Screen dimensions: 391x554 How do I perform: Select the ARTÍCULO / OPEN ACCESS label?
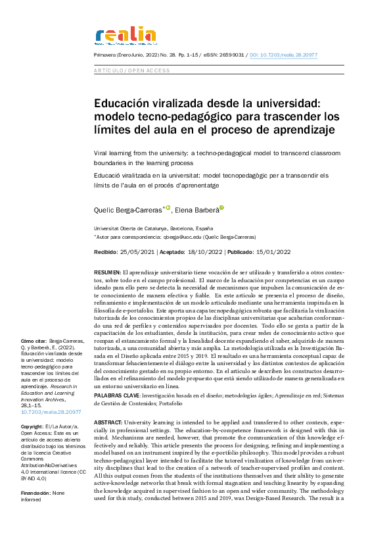pos(132,70)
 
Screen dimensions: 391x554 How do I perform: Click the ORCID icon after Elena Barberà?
pos(222,208)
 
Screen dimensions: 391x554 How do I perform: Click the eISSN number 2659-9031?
pos(229,57)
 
